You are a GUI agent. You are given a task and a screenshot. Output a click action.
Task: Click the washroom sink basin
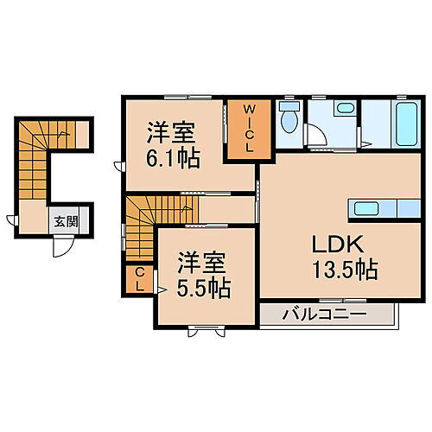tap(346, 110)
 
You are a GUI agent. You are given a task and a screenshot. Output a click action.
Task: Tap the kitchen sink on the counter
tap(364, 207)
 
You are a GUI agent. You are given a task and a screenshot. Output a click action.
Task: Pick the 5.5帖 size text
tap(204, 288)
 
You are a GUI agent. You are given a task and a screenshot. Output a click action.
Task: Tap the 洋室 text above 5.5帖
tap(204, 261)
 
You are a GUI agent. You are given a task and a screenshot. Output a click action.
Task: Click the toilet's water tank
tap(289, 108)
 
